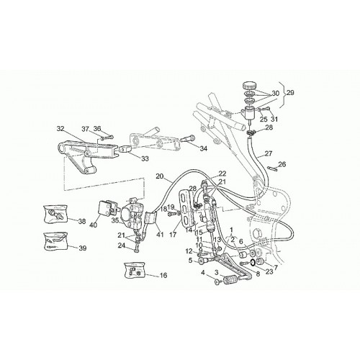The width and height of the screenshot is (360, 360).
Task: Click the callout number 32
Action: coord(60,129)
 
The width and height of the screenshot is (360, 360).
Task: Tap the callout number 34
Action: coord(203,148)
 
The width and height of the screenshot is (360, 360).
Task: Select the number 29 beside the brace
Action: coord(290,93)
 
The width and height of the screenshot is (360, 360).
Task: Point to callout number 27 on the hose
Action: coord(269,153)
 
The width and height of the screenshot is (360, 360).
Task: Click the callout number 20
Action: coord(160,176)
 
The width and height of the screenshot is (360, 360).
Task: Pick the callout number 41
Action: coord(159,234)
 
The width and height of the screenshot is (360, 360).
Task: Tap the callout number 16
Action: coord(163,275)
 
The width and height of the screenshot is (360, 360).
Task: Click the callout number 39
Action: coord(82,248)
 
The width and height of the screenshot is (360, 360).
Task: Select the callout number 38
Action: coord(82,221)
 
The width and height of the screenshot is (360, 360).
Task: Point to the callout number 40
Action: coord(94,225)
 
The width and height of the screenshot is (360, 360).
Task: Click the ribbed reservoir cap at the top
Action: coord(250,85)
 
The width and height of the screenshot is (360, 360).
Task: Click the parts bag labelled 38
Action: coord(55,214)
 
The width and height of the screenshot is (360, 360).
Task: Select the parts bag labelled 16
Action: coord(135,270)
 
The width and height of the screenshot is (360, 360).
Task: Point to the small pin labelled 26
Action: coord(272,168)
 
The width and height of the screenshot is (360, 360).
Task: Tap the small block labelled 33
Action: coord(125,149)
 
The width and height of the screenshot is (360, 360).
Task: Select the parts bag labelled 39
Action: coord(55,241)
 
